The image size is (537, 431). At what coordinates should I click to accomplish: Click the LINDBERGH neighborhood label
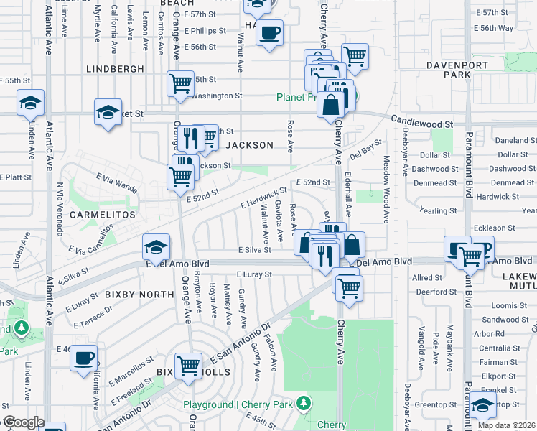[115, 69]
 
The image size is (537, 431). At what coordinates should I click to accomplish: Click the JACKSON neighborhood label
[250, 145]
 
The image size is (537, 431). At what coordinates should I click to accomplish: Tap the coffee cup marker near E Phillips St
[269, 33]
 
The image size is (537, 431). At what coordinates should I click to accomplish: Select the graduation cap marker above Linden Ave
[30, 103]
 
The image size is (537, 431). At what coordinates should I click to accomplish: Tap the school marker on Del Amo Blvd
[156, 248]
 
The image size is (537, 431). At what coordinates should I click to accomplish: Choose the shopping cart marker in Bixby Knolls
[189, 364]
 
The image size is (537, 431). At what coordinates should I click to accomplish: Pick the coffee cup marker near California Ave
[83, 357]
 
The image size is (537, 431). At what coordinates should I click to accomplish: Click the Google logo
[24, 423]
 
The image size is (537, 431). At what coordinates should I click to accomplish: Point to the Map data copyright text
[507, 425]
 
